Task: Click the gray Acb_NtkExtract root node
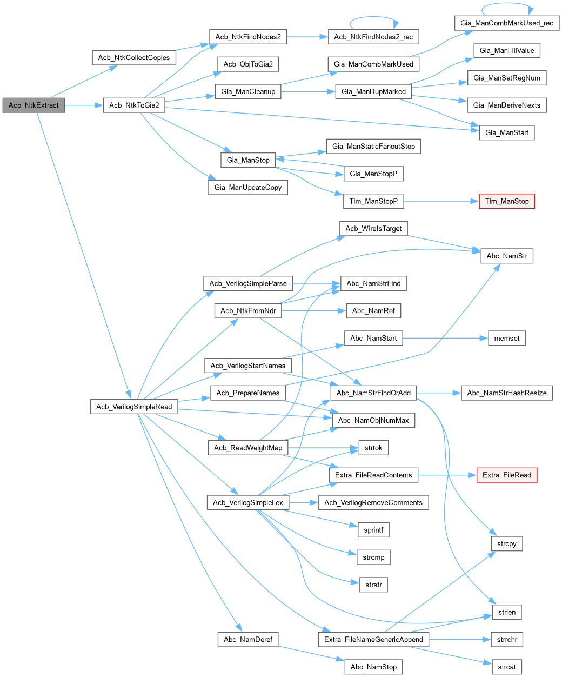(34, 105)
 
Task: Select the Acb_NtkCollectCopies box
(134, 58)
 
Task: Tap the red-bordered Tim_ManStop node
(507, 201)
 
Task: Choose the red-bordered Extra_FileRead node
(507, 475)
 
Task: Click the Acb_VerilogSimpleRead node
(134, 407)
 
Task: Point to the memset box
(507, 338)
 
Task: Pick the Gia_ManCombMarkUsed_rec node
(507, 23)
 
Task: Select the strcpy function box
(507, 543)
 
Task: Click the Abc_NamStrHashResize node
(507, 393)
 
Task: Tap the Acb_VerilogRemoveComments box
(373, 502)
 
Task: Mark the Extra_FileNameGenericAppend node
(373, 639)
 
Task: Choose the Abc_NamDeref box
(248, 639)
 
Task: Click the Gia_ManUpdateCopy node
(248, 187)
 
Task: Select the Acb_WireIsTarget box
(373, 228)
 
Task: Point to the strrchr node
(507, 639)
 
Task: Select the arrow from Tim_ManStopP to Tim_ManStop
(441, 201)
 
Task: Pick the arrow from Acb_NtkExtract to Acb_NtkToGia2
(84, 105)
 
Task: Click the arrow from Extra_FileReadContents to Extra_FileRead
(447, 475)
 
